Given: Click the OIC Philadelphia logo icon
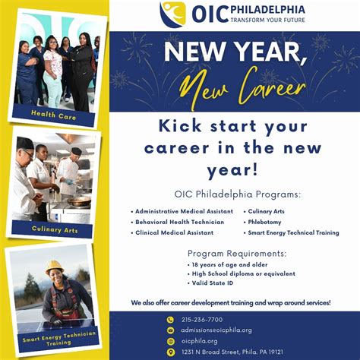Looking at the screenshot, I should pyautogui.click(x=172, y=14).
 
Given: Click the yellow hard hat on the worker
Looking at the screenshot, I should pyautogui.click(x=54, y=267).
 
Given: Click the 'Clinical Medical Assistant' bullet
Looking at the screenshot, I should pyautogui.click(x=173, y=233).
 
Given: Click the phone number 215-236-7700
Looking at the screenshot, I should pyautogui.click(x=202, y=320).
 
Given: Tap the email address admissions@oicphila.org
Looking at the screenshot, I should pyautogui.click(x=216, y=330).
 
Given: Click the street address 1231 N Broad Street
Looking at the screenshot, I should pyautogui.click(x=232, y=352).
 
